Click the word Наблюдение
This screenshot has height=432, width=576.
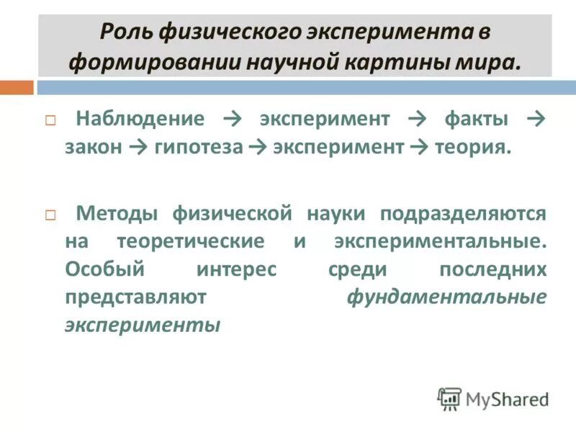pos(140,118)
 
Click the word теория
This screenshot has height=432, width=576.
pos(472,147)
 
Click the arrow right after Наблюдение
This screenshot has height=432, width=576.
pos(232,118)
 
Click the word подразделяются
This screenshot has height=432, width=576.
pos(464,213)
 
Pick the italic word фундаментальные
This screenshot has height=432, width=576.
pos(446,297)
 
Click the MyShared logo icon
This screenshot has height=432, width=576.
pos(449,398)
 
